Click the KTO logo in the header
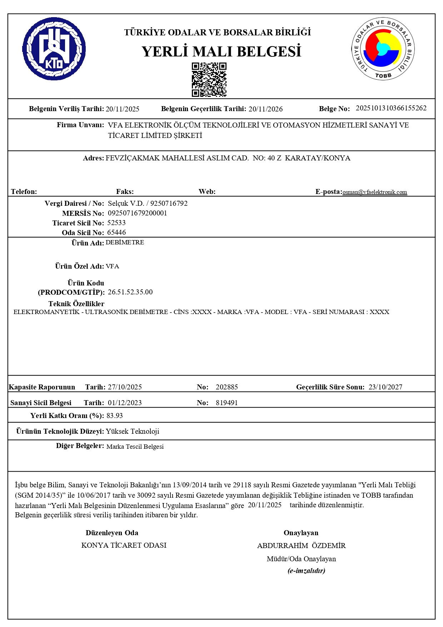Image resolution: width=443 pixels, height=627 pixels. tap(54, 49)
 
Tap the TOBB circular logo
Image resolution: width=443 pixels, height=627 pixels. tap(383, 49)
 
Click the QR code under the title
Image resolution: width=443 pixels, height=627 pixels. tap(209, 80)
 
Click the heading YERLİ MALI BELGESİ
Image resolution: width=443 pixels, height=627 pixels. tap(221, 51)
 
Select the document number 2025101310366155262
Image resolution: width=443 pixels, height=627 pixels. tap(391, 108)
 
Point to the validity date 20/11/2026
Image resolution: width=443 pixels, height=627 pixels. tap(265, 109)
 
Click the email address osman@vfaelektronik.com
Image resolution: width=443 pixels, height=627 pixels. tap(374, 192)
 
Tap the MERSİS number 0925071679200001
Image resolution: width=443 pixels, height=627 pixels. tap(137, 213)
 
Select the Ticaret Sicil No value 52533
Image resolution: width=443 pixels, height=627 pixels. tap(116, 223)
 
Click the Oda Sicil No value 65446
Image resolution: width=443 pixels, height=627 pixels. tap(116, 233)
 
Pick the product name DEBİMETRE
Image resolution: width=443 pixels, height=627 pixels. tap(125, 242)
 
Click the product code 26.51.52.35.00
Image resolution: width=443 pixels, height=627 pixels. tap(130, 292)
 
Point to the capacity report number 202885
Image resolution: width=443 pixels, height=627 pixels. tap(227, 387)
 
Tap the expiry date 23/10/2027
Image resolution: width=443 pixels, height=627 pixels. tap(385, 387)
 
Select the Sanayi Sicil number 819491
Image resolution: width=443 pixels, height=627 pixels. tap(227, 403)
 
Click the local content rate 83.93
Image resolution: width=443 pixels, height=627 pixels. tap(114, 415)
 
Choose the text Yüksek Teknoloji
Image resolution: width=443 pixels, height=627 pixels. tap(132, 431)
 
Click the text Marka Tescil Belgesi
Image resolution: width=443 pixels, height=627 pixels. tap(135, 447)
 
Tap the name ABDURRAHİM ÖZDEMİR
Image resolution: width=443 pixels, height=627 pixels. tap(301, 546)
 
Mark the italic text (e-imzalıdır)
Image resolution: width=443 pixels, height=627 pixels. tap(306, 571)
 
